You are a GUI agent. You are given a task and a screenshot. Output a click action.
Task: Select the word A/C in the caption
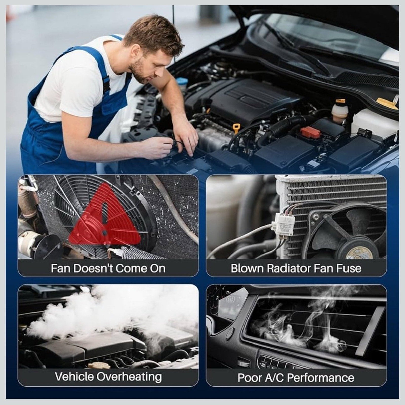(273, 378)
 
